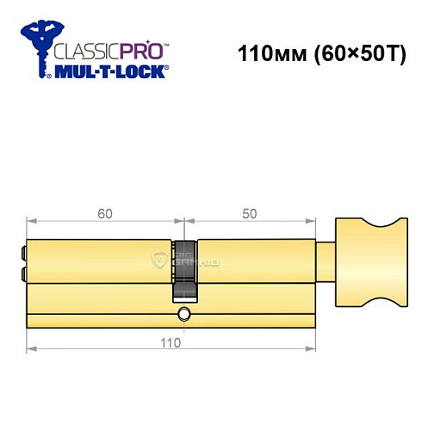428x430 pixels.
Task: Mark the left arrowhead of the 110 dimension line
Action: [31, 349]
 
